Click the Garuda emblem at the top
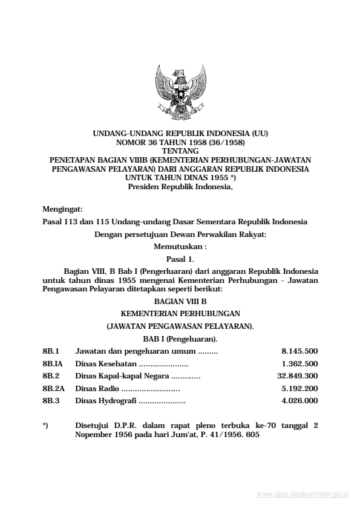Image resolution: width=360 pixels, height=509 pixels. (x=180, y=92)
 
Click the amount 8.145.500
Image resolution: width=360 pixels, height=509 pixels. (x=299, y=351)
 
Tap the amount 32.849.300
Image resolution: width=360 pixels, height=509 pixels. (x=297, y=375)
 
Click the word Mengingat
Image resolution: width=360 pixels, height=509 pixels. (x=62, y=209)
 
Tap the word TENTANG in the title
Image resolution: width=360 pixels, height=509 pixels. (x=180, y=151)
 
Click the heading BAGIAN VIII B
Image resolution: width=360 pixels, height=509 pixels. (x=180, y=300)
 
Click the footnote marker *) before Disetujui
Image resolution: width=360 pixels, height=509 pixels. (x=45, y=425)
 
